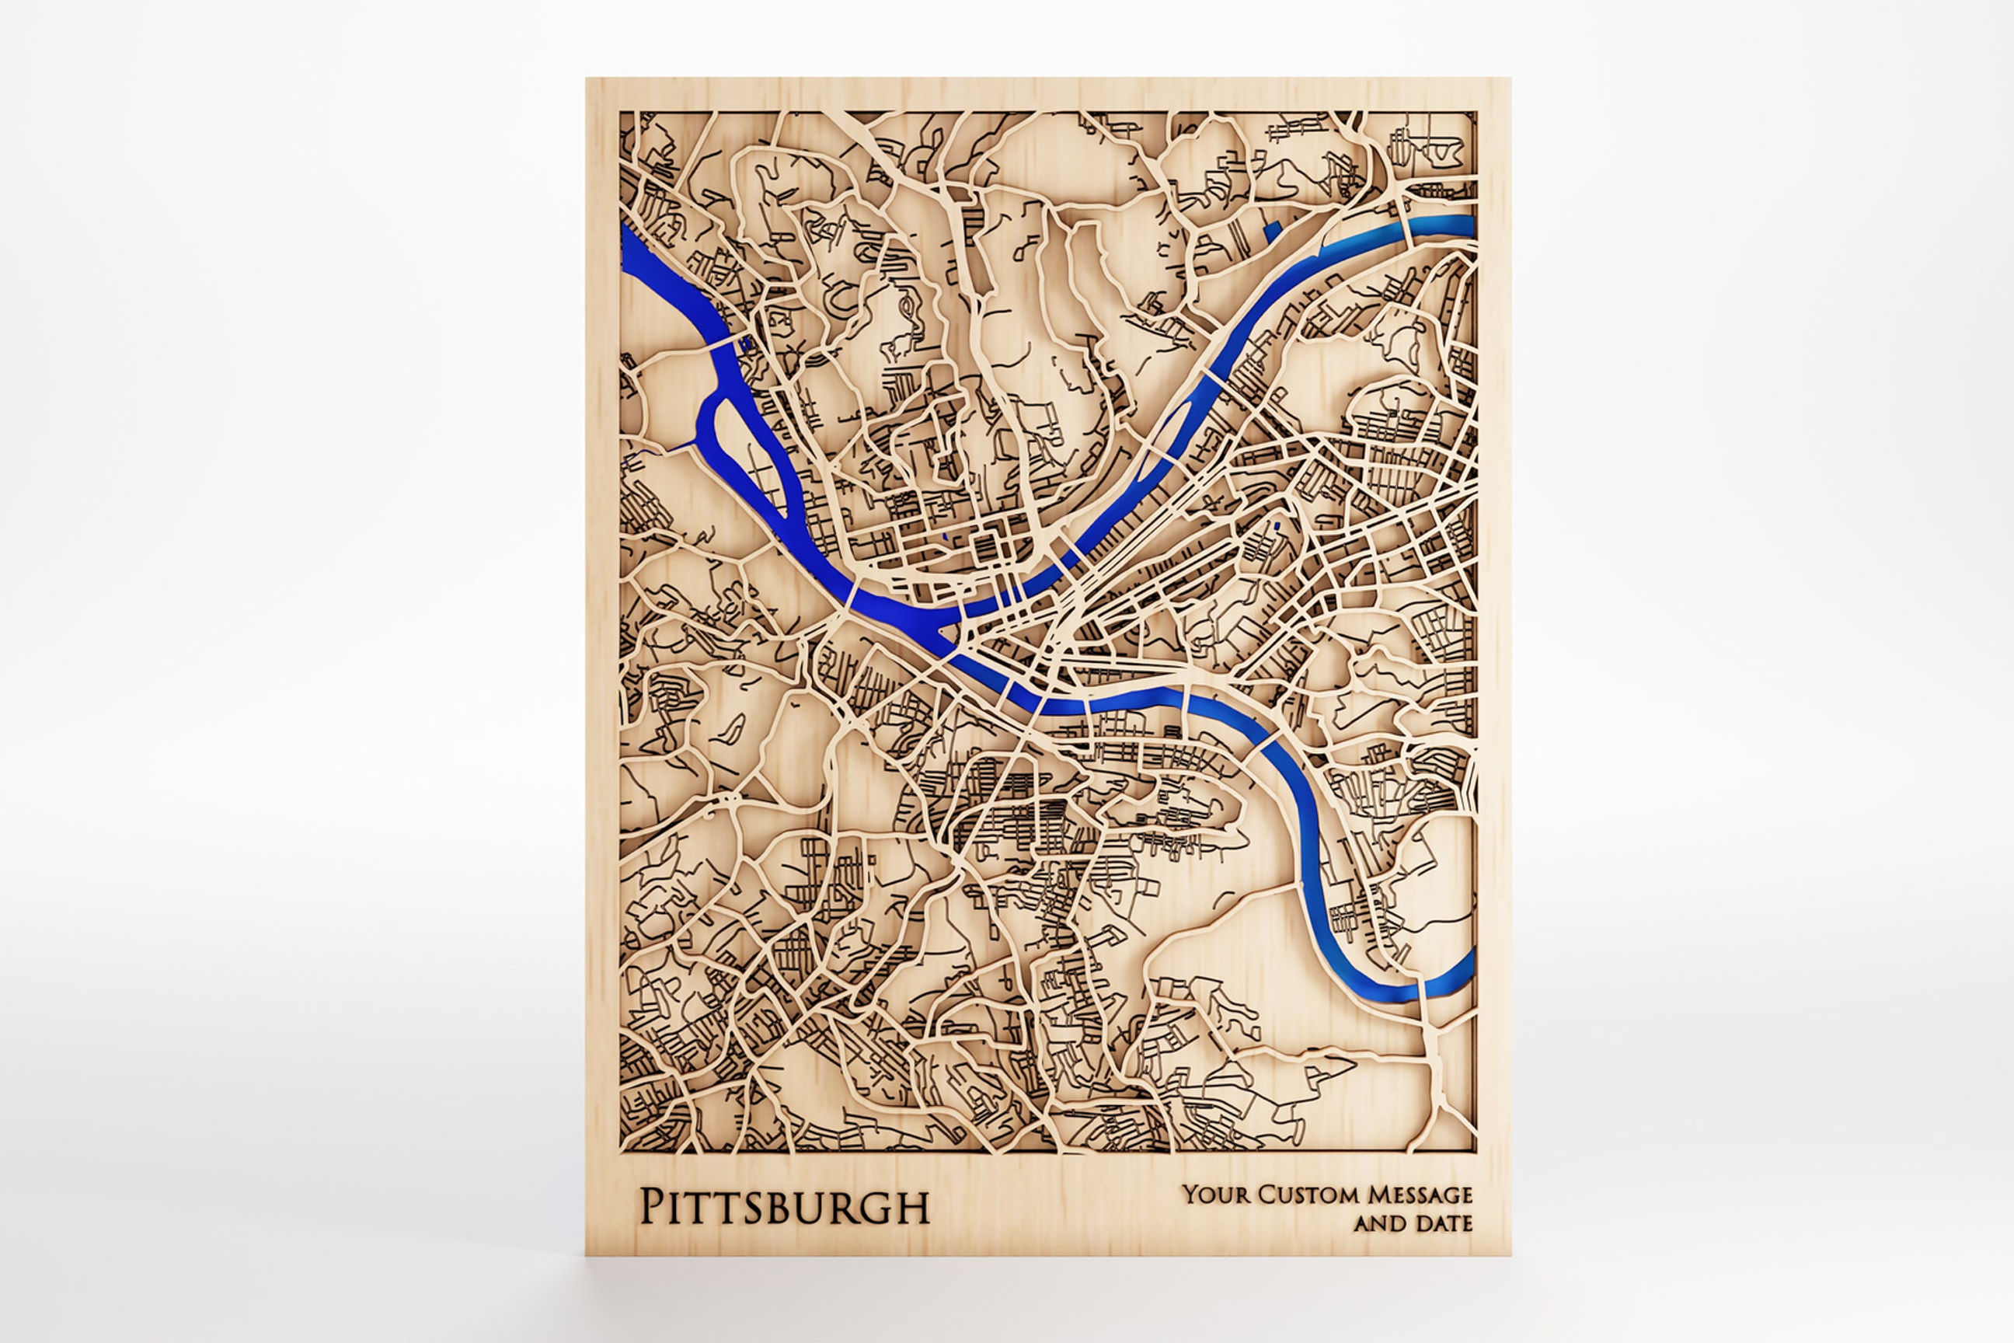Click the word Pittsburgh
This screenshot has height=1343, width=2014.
tap(783, 1207)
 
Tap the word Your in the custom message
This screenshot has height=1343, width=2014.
tap(1209, 1194)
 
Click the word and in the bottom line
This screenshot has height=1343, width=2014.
tap(1379, 1223)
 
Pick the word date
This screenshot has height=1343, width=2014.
tap(1444, 1223)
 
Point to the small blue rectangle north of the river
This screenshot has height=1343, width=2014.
tap(1270, 228)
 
